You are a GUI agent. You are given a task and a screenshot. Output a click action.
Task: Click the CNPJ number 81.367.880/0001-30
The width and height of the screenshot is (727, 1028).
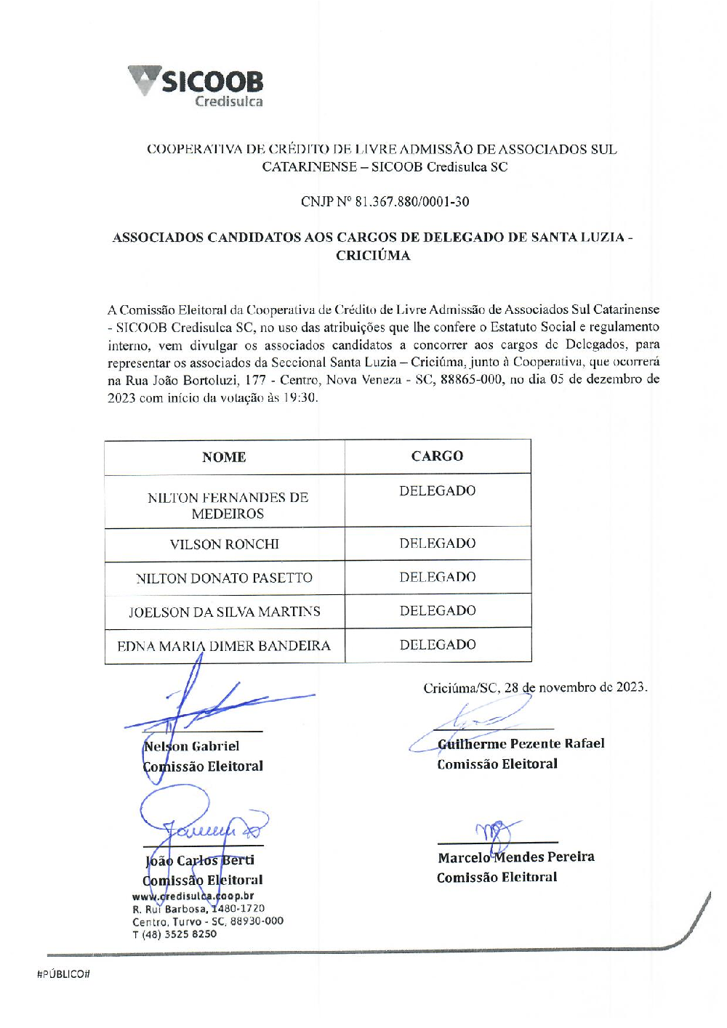point(411,202)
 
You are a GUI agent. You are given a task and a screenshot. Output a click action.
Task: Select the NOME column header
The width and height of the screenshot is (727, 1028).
point(224,457)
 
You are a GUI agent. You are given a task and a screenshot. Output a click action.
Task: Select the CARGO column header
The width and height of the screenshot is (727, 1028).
point(437,456)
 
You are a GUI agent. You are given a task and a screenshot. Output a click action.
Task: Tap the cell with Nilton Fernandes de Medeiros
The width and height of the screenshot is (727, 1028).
point(228,506)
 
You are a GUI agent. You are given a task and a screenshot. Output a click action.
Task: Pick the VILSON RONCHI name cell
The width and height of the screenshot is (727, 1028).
point(224,544)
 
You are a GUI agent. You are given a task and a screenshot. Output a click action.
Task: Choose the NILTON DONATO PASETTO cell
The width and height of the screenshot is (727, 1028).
point(224,578)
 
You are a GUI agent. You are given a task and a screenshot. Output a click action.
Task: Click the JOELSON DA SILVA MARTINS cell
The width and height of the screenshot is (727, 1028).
point(224,612)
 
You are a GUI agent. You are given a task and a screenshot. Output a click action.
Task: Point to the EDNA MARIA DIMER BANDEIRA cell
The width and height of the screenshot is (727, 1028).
point(224,646)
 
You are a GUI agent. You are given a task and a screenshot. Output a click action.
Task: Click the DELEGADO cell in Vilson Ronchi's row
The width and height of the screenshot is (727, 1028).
point(437,543)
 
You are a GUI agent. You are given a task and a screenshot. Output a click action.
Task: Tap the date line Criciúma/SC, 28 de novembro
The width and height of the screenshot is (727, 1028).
point(535,687)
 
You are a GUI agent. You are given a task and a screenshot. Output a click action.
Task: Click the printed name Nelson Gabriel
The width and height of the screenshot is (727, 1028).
point(192,746)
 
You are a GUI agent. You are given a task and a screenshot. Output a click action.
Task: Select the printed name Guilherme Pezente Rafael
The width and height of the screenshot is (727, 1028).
point(521,743)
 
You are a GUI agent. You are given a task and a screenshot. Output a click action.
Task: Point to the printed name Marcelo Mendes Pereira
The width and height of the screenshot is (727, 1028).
point(515,857)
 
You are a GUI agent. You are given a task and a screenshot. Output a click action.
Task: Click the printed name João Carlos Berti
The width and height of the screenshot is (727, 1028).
point(200,861)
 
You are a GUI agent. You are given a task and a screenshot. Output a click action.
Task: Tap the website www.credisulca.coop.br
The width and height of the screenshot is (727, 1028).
point(193,897)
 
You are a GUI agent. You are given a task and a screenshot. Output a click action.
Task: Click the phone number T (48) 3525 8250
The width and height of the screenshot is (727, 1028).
point(174,934)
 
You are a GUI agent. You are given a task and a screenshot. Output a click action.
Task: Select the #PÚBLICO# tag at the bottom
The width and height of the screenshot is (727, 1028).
point(63,974)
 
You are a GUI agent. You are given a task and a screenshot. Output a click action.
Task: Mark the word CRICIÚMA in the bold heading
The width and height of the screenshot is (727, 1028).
point(373,256)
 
